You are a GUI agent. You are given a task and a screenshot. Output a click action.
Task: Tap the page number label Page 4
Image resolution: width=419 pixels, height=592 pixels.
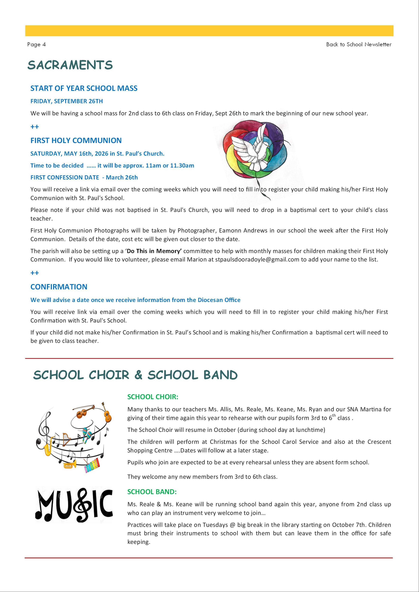[36, 44]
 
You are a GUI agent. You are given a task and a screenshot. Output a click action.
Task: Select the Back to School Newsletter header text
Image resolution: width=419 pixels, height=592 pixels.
[359, 44]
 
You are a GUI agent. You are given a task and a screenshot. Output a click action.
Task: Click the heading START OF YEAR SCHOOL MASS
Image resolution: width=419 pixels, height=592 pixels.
[84, 88]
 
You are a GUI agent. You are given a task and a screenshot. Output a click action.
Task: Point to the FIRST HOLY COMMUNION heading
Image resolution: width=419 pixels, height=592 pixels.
[76, 141]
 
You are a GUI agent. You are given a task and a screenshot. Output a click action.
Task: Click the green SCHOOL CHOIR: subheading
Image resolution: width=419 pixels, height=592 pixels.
[153, 397]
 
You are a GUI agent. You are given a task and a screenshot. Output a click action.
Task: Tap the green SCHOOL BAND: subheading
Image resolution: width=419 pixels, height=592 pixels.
[152, 492]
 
